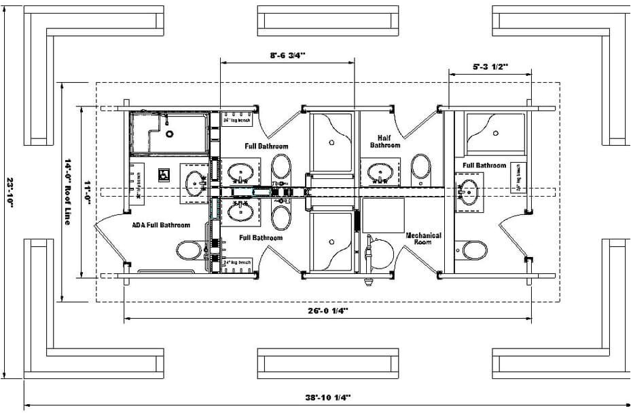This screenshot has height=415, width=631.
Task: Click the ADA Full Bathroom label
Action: click(x=162, y=225)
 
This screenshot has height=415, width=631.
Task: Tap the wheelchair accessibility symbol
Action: click(x=164, y=174)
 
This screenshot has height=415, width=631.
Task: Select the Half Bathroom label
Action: click(x=384, y=140)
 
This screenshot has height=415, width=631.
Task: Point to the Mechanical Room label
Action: click(x=423, y=238)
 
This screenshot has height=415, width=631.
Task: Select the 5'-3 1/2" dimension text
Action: click(x=490, y=66)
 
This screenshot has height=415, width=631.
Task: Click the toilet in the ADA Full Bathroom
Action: click(x=190, y=250)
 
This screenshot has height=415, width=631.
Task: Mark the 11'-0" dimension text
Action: click(x=88, y=192)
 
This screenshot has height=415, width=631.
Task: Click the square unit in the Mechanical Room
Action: click(x=383, y=215)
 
